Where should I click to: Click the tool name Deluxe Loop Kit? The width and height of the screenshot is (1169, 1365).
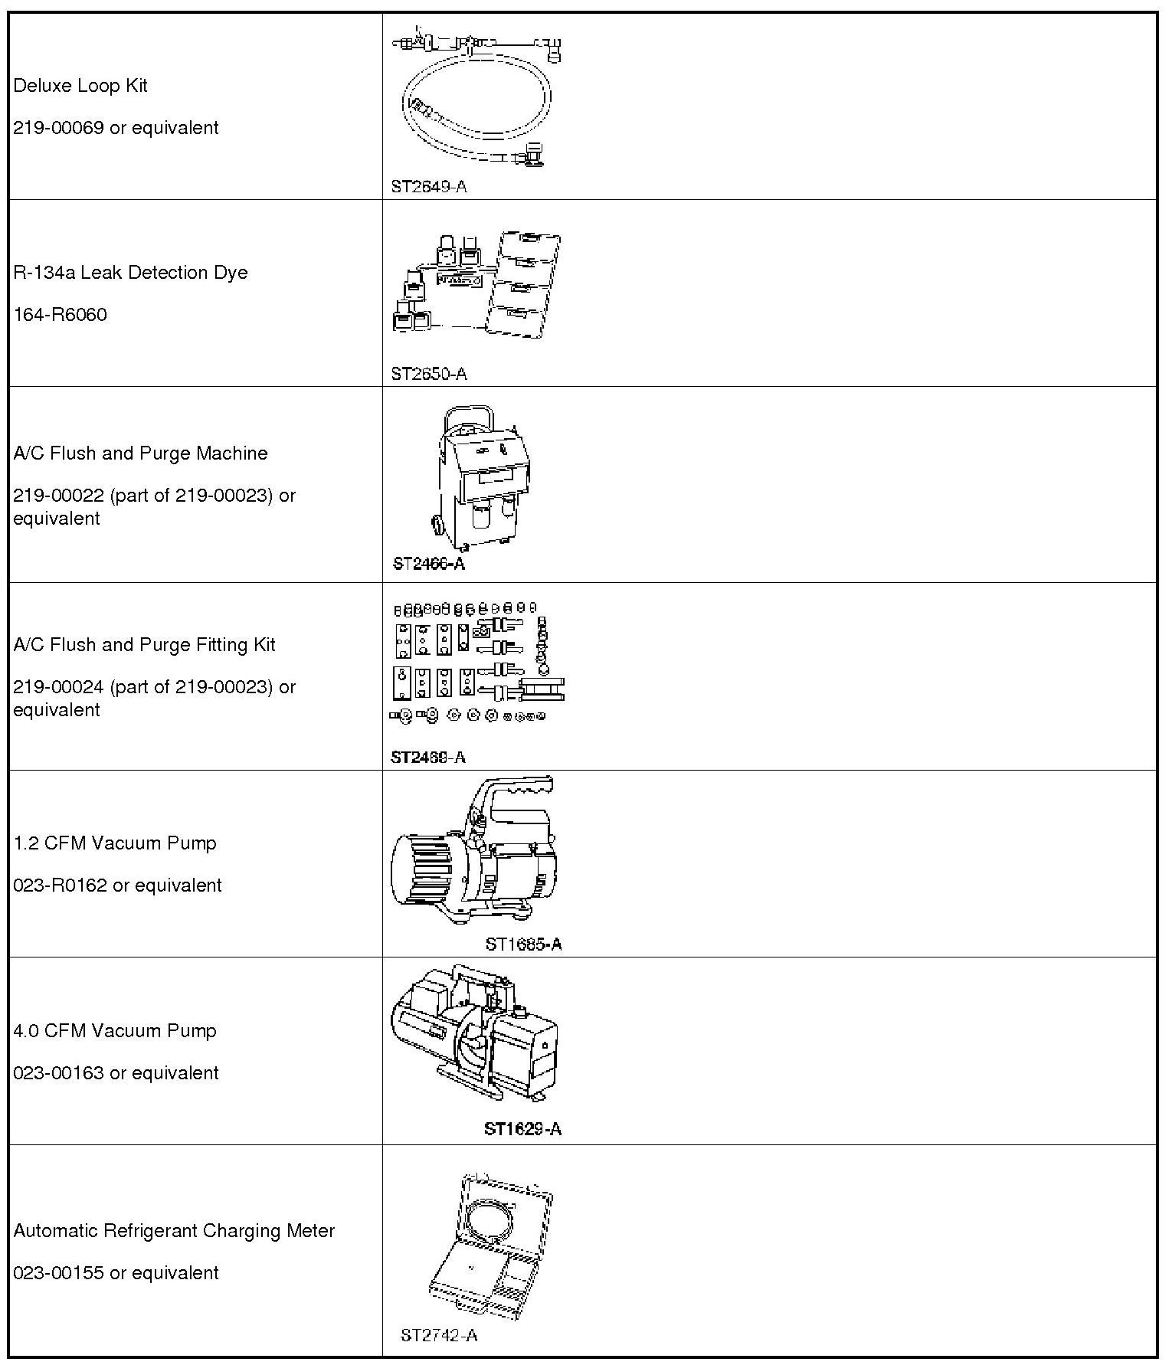[80, 86]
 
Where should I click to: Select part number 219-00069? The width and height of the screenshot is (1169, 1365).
[60, 128]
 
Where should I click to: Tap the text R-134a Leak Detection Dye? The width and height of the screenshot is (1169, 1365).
[130, 273]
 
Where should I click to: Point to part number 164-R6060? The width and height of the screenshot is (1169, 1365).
[60, 315]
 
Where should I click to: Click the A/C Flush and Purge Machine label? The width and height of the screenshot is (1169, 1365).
[140, 453]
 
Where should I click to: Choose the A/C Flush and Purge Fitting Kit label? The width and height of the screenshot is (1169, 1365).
[144, 645]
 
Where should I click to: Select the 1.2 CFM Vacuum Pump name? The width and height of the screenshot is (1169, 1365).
[115, 843]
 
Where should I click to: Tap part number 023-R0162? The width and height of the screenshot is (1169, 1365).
[61, 885]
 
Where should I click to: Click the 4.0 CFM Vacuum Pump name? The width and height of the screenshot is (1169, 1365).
[115, 1031]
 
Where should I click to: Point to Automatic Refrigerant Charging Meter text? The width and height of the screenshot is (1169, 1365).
[174, 1231]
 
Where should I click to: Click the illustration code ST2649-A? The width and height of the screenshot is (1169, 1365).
[428, 187]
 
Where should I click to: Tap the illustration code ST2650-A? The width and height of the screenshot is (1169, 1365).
[428, 375]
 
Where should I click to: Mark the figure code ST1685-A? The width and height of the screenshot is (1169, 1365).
[523, 944]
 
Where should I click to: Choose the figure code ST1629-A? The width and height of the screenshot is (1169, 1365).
[522, 1129]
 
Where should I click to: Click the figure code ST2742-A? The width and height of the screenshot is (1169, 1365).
[439, 1335]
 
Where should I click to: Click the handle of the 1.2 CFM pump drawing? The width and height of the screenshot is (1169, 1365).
[521, 789]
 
